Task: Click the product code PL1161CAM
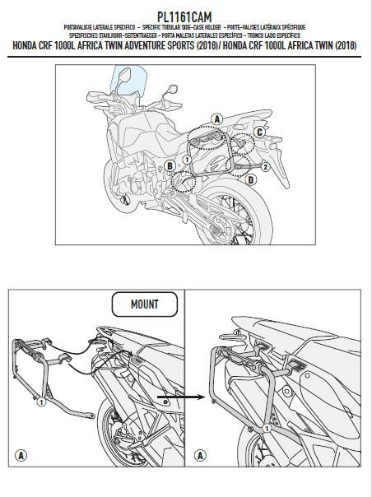coord(186,16)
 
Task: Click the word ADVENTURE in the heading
coord(134,44)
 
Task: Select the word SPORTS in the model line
coord(170,44)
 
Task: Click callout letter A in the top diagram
coord(217,119)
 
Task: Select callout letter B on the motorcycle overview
coord(170,166)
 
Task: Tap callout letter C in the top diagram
coord(258,132)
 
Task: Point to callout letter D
coord(249,179)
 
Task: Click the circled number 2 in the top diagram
coord(266,167)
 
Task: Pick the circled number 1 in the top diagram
coord(187,157)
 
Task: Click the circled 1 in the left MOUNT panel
coord(40,403)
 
